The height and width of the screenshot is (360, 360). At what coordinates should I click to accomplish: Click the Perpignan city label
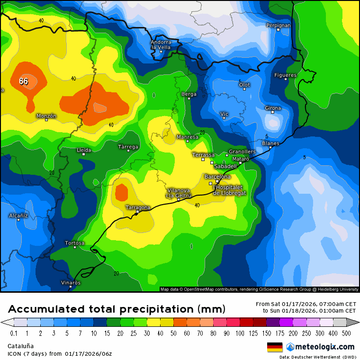278,25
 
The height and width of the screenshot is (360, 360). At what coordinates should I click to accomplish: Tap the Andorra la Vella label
161,45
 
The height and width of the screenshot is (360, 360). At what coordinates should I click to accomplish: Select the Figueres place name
285,75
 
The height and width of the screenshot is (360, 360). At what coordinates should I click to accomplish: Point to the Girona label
273,108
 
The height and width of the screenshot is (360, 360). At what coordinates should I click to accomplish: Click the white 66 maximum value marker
24,81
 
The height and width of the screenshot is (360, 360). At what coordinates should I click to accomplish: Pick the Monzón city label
46,116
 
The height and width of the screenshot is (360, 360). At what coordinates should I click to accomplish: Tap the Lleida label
84,150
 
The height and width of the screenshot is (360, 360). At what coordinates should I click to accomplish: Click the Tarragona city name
138,207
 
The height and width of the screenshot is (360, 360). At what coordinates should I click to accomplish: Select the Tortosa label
75,243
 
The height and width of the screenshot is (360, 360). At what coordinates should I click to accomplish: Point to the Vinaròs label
71,283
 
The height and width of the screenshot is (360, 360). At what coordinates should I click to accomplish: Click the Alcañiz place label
19,216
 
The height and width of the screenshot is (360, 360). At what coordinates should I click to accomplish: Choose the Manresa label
187,137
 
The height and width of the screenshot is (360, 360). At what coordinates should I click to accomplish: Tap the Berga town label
189,94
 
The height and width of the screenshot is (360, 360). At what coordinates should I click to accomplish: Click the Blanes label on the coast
270,143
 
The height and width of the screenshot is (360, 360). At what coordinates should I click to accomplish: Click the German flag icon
275,347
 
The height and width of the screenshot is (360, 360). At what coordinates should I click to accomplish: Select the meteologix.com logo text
324,347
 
